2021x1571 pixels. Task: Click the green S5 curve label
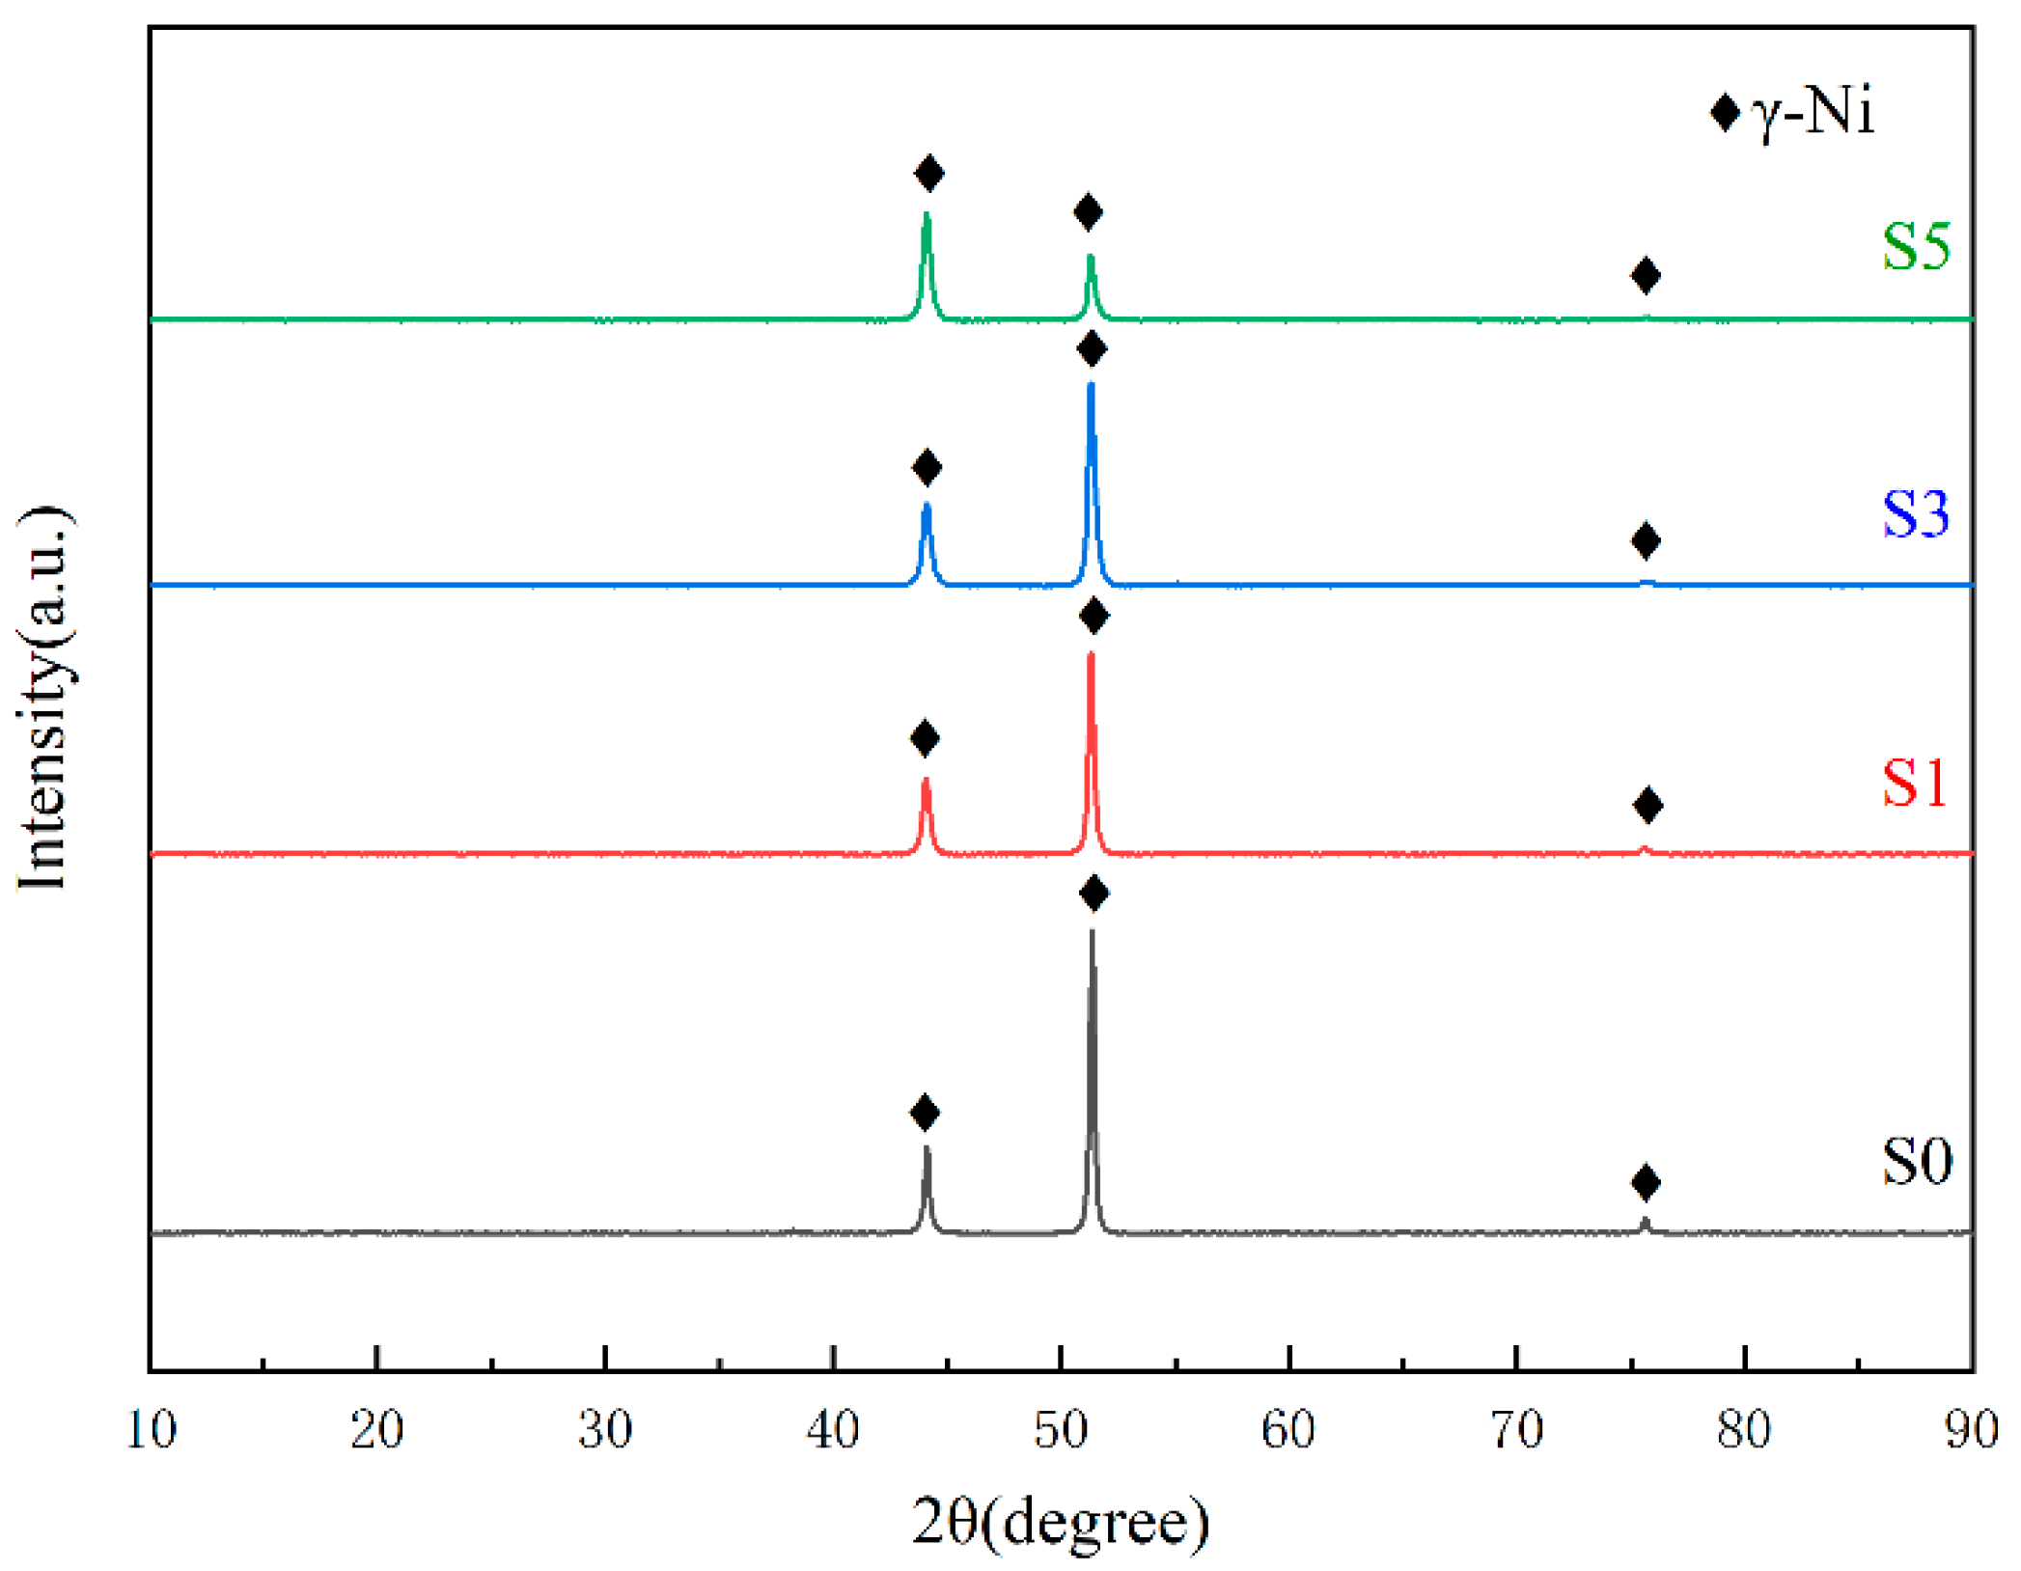[1916, 246]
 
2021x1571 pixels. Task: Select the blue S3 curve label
[1916, 513]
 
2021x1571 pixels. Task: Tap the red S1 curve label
[1914, 782]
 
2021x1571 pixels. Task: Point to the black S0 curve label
[1917, 1160]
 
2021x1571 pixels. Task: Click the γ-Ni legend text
[1813, 112]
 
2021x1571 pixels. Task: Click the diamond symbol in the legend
[1725, 113]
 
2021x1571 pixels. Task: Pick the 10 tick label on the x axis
[152, 1430]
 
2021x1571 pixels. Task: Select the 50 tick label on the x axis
[1061, 1430]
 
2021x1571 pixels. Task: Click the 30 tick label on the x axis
[605, 1430]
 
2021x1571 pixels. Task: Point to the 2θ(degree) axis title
[1061, 1522]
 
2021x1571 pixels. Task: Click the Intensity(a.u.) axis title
[43, 697]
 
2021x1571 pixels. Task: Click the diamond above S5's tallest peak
[928, 174]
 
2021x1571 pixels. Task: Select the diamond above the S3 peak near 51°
[1092, 349]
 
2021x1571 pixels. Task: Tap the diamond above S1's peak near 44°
[925, 739]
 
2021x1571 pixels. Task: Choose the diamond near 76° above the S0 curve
[1646, 1182]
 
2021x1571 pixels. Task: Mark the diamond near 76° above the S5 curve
[1646, 276]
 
